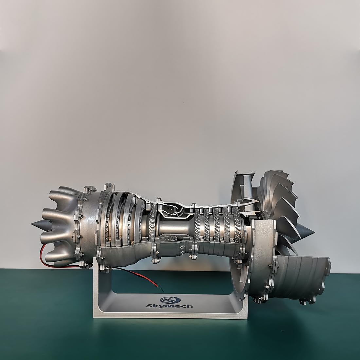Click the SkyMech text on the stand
coord(170,306)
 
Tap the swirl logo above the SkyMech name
coord(170,299)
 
